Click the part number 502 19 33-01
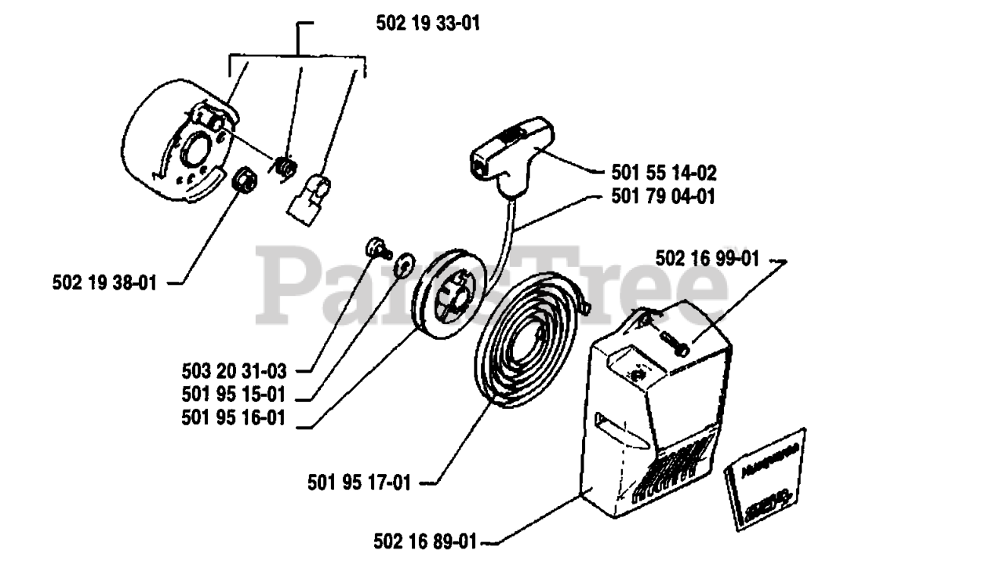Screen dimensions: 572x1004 tap(427, 24)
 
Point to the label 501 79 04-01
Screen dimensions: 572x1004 tap(664, 197)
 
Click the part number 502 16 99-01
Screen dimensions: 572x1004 tap(707, 259)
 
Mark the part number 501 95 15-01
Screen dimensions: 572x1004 tap(234, 394)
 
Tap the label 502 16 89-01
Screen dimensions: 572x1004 tap(425, 541)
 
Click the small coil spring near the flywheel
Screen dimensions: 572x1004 tap(286, 167)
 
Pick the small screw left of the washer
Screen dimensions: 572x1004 tap(374, 249)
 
